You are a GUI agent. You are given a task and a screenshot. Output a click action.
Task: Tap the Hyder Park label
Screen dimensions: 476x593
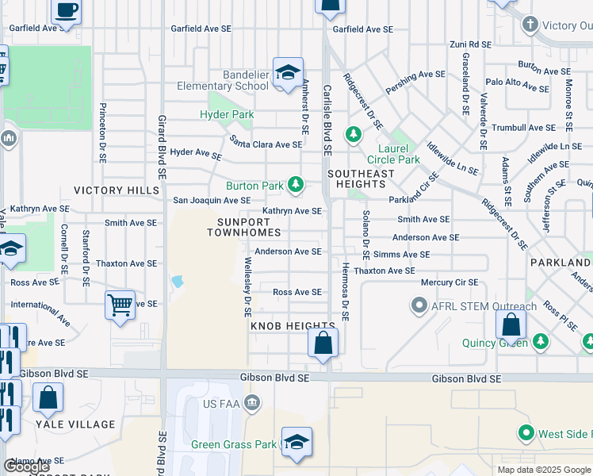[x=227, y=114]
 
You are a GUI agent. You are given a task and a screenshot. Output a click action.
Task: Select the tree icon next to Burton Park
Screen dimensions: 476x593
[x=296, y=186]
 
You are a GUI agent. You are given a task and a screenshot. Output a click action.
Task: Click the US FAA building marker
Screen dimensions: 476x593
[x=252, y=403]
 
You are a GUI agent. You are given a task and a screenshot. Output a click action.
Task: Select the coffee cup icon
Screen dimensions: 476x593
[x=67, y=11]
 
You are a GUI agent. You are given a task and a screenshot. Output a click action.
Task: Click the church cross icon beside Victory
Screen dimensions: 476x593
[x=530, y=25]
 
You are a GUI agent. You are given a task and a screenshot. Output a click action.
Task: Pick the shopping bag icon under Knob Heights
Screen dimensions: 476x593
[x=323, y=344]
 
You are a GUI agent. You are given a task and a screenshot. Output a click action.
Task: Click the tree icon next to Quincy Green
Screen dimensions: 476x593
[x=541, y=341]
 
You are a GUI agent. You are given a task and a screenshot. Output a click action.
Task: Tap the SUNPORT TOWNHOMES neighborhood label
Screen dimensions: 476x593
[x=244, y=226]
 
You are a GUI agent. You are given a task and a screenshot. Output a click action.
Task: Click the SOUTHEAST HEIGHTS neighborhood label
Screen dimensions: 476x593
[x=361, y=178]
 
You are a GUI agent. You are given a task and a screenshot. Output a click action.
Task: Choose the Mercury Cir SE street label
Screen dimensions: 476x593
[x=449, y=282]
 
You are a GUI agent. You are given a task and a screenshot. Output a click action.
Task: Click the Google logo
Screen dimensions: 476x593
[x=27, y=466]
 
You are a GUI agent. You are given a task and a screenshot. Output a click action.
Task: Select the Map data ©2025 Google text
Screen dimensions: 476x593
[x=544, y=470]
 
